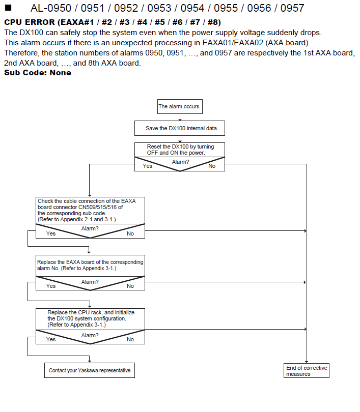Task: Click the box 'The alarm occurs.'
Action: (180, 106)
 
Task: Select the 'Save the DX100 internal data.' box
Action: (180, 128)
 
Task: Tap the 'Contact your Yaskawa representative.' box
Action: (90, 370)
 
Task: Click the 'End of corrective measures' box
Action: (307, 370)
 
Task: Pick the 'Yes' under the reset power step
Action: (148, 166)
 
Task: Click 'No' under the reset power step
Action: (212, 166)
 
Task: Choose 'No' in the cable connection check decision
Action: (130, 233)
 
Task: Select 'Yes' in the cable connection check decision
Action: (51, 233)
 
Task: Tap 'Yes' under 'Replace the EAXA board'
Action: (51, 286)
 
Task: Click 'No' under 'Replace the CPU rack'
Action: (130, 339)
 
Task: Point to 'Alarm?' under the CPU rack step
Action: (90, 335)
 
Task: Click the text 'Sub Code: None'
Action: (38, 73)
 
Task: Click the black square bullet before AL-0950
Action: (8, 8)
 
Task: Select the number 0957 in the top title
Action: (292, 8)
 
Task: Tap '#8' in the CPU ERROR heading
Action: (213, 22)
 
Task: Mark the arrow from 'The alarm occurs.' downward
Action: (180, 117)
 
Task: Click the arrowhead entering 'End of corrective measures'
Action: (307, 362)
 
